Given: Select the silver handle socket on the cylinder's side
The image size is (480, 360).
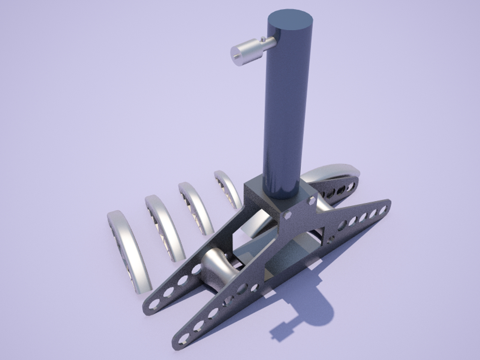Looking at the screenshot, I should [248, 51].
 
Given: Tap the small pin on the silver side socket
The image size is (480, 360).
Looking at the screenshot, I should [264, 40].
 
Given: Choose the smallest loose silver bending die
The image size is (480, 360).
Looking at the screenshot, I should [228, 188].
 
